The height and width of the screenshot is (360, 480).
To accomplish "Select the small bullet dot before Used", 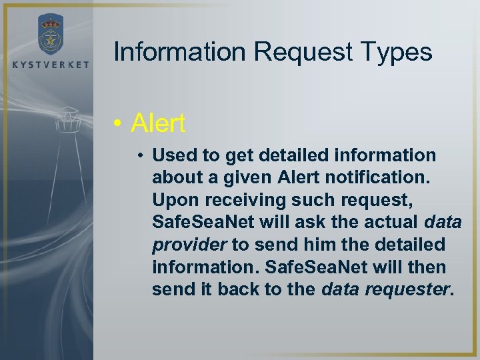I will (143, 156).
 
